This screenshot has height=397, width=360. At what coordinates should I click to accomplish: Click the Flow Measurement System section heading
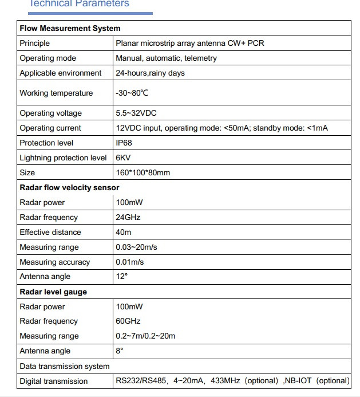pos(70,28)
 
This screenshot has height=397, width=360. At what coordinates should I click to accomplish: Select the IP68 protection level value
pos(125,143)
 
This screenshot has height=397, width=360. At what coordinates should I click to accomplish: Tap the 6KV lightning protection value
pos(124,158)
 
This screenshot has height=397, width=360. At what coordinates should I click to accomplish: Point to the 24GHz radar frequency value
pos(128,217)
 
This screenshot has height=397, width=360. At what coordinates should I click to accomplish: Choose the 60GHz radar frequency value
pos(128,321)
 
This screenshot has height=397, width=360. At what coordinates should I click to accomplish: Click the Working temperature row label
pos(56,93)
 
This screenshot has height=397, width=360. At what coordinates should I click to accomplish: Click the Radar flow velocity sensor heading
pos(69,187)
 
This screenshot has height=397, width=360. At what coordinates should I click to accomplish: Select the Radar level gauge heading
pos(53,292)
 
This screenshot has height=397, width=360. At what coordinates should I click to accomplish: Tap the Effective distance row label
pos(50,232)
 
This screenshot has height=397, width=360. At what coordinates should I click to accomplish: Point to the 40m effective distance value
pos(124,232)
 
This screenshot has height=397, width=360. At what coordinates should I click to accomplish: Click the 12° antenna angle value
pos(121,276)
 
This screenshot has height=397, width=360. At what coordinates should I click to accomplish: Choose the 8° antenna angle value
pos(120,351)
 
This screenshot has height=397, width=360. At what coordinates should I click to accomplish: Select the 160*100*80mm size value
pos(143,172)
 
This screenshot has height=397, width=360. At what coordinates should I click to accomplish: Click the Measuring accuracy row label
pos(55,262)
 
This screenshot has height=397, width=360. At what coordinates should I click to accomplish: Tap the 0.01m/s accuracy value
pos(130,262)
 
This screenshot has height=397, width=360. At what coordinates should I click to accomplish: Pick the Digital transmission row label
pos(54,381)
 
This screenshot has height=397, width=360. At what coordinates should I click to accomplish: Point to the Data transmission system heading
pos(65,366)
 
